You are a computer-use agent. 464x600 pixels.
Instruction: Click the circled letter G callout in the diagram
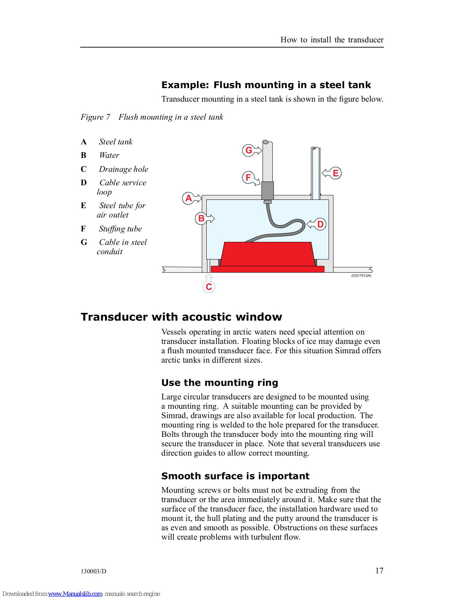(x=249, y=150)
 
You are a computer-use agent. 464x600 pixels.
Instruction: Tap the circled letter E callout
(x=336, y=173)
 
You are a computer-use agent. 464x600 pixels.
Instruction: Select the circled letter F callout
(x=248, y=177)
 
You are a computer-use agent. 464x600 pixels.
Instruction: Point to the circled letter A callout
(x=189, y=198)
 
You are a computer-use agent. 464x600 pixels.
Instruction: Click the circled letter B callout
(x=201, y=218)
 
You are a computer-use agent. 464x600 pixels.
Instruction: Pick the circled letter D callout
(x=320, y=224)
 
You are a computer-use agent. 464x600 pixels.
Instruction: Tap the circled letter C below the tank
(x=209, y=286)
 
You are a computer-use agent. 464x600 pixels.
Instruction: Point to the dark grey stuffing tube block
(x=267, y=190)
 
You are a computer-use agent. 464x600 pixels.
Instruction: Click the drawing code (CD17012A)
(x=361, y=276)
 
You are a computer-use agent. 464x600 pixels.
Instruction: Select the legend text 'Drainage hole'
(x=123, y=169)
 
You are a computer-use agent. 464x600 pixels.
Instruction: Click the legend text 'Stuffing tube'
(x=120, y=229)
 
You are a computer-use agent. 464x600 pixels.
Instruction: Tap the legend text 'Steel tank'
(x=116, y=142)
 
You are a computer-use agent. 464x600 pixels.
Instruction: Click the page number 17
(x=379, y=570)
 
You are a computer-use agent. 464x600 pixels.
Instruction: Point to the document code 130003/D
(x=93, y=571)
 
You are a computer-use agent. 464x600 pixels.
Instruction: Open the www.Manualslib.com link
(x=75, y=594)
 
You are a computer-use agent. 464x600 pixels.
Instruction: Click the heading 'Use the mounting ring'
(x=219, y=383)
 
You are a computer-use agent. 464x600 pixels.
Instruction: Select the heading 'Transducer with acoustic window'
(x=181, y=317)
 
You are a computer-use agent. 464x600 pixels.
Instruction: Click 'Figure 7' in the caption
(x=95, y=117)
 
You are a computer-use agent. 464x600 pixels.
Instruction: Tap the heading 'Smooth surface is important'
(x=235, y=476)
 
